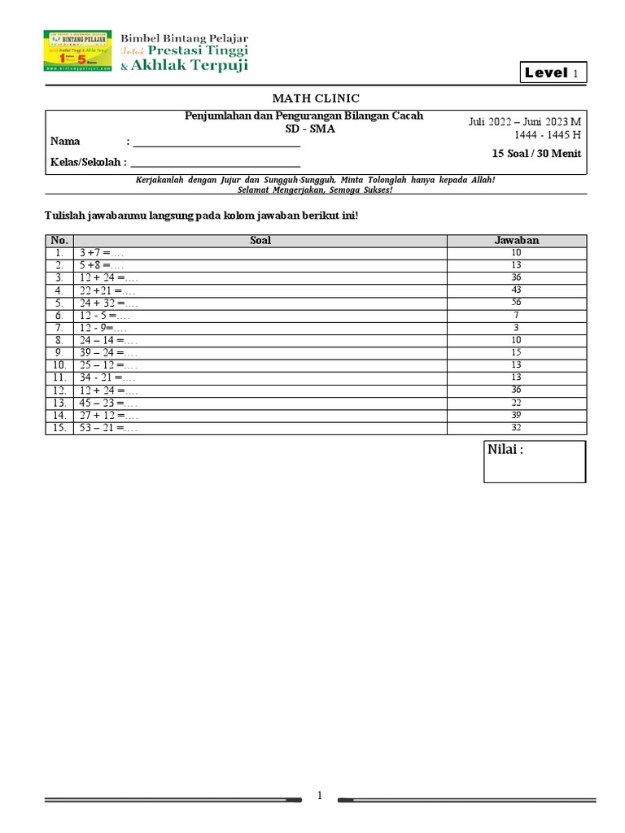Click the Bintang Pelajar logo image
(x=77, y=51)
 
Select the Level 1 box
(x=553, y=73)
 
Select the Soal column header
(x=260, y=240)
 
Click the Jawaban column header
(x=517, y=240)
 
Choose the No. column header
(x=59, y=240)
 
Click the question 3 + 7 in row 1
(x=102, y=253)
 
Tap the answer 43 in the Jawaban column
(x=517, y=290)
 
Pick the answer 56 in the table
(x=517, y=302)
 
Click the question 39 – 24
(x=108, y=353)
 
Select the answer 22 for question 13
(x=517, y=403)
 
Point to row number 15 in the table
(x=59, y=428)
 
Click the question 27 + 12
(x=108, y=416)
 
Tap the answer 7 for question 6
(x=517, y=315)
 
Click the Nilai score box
(x=535, y=461)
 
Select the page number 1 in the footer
(x=321, y=796)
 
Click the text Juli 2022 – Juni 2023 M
(x=525, y=121)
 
